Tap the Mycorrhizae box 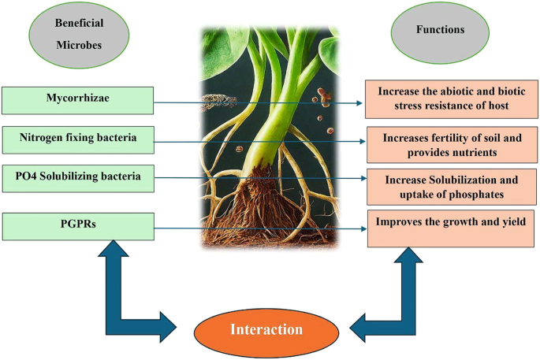tap(76, 100)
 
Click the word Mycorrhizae tap(76, 98)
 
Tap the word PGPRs tap(76, 225)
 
